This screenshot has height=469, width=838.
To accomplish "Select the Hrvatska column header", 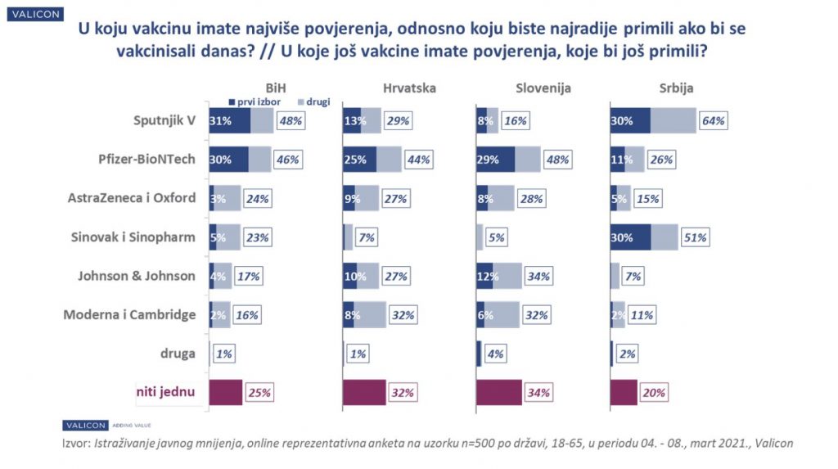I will pyautogui.click(x=409, y=88).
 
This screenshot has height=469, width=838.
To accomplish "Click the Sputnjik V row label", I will pyautogui.click(x=164, y=120).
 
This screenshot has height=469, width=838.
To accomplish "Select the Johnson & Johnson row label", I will pyautogui.click(x=137, y=276).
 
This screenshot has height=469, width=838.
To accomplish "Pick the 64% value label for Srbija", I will pyautogui.click(x=714, y=121).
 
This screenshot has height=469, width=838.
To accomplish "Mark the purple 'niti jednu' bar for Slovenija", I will pyautogui.click(x=498, y=392).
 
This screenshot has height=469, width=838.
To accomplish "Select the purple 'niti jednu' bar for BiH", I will pyautogui.click(x=226, y=392).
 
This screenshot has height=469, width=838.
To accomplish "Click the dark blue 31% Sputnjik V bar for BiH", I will pyautogui.click(x=229, y=120).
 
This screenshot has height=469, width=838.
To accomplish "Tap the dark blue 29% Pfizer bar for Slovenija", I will pyautogui.click(x=495, y=160).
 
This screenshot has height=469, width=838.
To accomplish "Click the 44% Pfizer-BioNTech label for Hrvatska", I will pyautogui.click(x=419, y=160).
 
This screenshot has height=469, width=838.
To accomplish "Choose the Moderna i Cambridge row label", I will pyautogui.click(x=129, y=314).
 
